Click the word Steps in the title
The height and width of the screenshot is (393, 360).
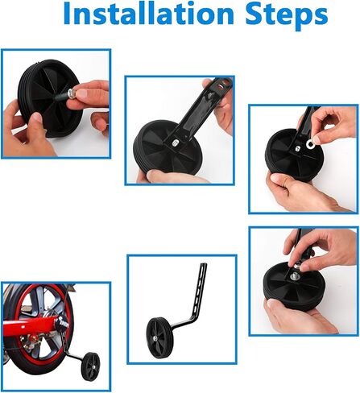(287, 15)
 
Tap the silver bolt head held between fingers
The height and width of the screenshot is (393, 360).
(72, 93)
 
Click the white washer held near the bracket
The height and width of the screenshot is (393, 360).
(310, 144)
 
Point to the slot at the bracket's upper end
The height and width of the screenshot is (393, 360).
(221, 86)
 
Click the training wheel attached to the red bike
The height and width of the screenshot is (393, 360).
(90, 366)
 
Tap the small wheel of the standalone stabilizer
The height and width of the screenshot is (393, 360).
(156, 337)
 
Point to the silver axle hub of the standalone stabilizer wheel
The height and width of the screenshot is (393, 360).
(155, 338)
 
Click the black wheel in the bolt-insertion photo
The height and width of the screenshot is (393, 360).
(50, 98)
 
